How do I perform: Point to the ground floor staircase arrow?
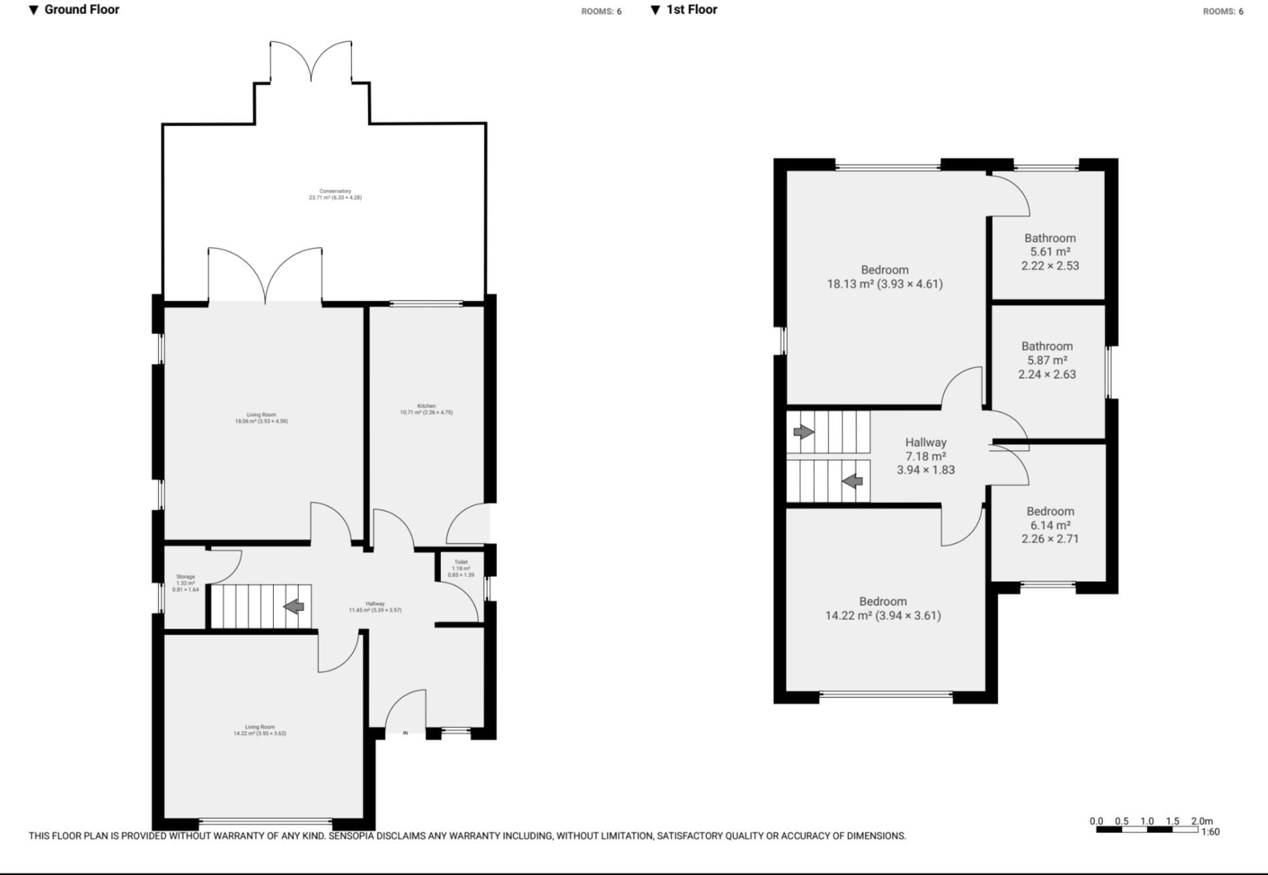tap(294, 606)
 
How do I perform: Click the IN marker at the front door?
tap(405, 733)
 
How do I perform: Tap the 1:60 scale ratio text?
tap(1210, 832)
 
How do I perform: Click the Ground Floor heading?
tap(82, 9)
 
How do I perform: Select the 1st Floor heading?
tap(691, 9)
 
